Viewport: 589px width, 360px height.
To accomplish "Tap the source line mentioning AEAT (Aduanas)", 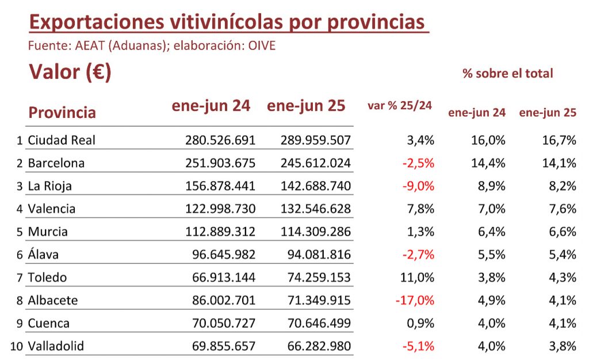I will click(x=152, y=45).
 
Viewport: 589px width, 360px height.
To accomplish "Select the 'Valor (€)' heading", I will click(x=70, y=72).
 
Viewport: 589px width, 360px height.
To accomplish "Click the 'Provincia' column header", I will click(x=62, y=112).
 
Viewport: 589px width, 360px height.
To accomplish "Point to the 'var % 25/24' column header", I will click(x=400, y=106).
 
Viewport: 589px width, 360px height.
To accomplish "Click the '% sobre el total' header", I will click(x=507, y=74).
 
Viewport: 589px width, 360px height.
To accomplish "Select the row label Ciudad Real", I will click(x=62, y=140).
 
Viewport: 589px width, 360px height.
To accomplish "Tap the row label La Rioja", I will click(x=49, y=186).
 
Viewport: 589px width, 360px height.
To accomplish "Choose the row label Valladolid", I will click(x=56, y=346).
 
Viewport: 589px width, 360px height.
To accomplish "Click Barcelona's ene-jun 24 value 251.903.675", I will click(x=220, y=163).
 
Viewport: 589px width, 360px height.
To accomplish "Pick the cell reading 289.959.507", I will click(x=315, y=140).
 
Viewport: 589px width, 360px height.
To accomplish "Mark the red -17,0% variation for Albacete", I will click(x=415, y=300).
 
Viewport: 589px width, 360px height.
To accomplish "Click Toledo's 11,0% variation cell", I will click(x=418, y=277).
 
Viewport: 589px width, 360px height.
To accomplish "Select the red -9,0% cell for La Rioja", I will click(x=418, y=186).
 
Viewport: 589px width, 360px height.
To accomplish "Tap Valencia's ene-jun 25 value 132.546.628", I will click(x=315, y=209).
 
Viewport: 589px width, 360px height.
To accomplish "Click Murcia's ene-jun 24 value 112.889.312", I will click(x=220, y=232).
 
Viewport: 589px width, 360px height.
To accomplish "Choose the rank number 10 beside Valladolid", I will click(x=17, y=346).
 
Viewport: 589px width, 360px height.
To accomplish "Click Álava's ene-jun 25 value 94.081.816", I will click(x=319, y=255).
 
